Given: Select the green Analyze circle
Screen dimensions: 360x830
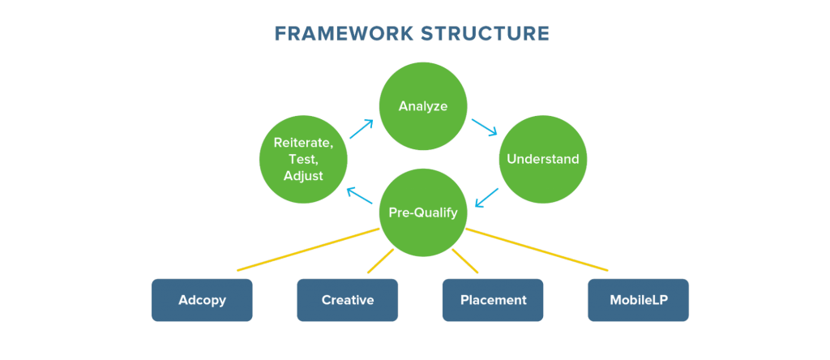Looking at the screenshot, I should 422,106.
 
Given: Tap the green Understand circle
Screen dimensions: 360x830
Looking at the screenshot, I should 542,159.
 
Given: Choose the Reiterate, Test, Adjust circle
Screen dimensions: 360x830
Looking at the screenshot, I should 303,159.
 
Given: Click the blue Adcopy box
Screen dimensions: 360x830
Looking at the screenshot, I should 202,300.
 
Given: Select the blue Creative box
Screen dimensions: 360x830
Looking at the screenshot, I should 347,300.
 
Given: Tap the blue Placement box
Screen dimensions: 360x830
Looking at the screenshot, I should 493,300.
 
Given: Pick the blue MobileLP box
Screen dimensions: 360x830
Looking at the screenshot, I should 638,300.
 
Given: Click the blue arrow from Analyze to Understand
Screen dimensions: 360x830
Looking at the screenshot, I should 485,128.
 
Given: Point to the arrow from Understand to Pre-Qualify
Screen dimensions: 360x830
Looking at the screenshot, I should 486,197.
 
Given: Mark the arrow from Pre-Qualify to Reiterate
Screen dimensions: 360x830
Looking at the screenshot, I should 360,196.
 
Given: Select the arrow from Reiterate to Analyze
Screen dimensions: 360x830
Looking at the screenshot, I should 362,130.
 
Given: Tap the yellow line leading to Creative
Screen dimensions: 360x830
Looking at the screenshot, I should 381,260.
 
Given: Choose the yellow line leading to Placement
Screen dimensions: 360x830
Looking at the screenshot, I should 464,260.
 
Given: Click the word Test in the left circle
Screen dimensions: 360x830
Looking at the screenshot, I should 303,159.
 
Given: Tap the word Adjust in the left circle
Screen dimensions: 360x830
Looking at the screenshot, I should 303,175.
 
